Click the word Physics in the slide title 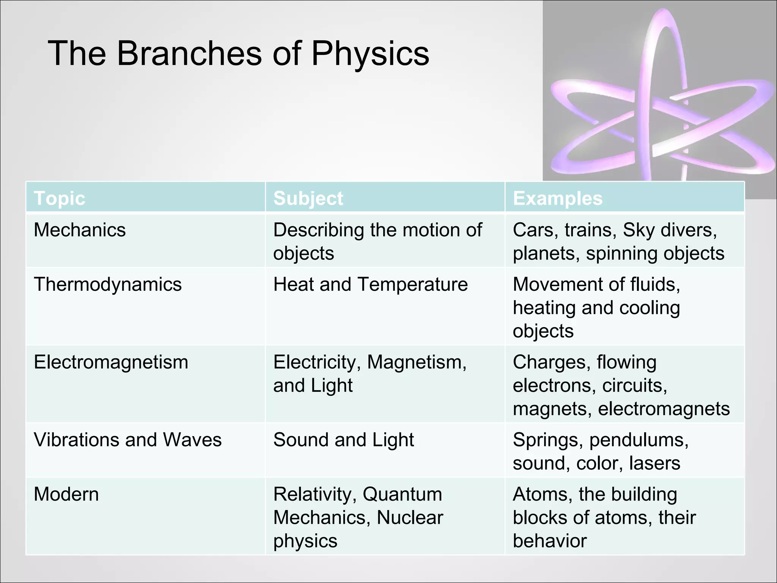tap(370, 54)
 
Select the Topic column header tap(60, 198)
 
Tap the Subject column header tap(308, 198)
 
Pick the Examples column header tap(557, 198)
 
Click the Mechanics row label tap(80, 230)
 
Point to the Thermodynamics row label tap(108, 284)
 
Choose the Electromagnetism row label tap(111, 362)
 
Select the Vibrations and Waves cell tap(127, 440)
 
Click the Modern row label tap(66, 494)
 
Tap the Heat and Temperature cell tap(370, 284)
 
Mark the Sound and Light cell tap(343, 440)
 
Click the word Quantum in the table tap(402, 494)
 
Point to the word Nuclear tap(410, 518)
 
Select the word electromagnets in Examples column tap(664, 409)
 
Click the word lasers tap(654, 463)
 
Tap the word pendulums tap(639, 440)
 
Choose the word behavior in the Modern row tap(550, 541)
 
